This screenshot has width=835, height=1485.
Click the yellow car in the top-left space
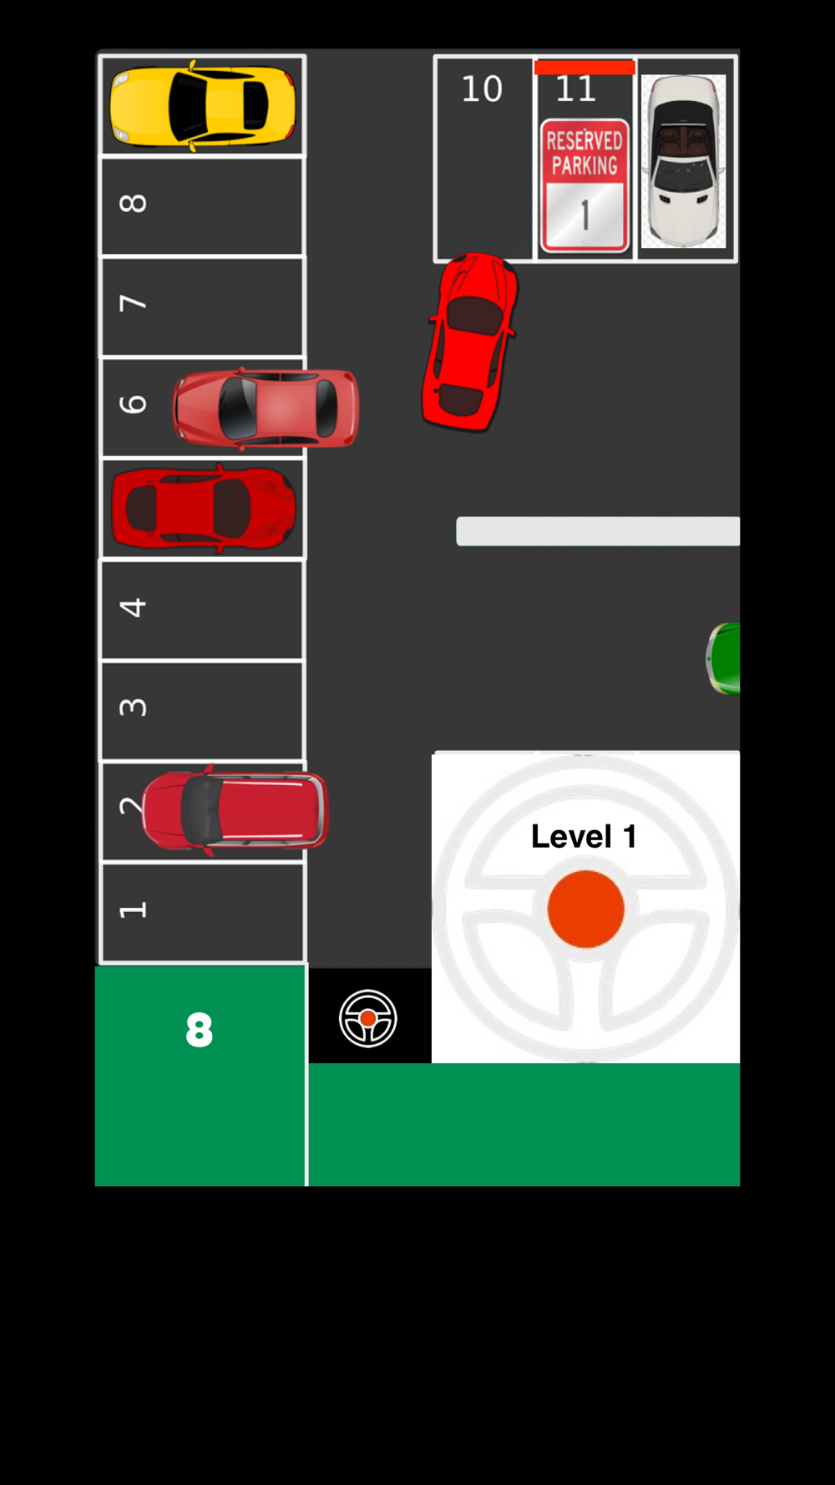(x=203, y=106)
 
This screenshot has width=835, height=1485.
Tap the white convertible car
(x=683, y=161)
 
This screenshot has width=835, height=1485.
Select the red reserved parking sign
(x=584, y=185)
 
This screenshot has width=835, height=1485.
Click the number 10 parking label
(x=482, y=89)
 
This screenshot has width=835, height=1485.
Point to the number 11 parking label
(x=575, y=89)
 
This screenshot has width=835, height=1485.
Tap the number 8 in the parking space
(x=134, y=203)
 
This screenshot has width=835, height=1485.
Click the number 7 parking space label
(x=134, y=302)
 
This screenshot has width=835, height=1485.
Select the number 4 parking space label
(x=134, y=606)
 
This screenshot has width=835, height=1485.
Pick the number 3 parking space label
(x=134, y=707)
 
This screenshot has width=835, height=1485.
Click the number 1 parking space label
(x=134, y=910)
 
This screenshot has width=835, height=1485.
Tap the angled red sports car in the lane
(x=470, y=342)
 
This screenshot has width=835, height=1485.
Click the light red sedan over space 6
(x=266, y=408)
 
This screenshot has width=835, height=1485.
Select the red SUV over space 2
(x=235, y=810)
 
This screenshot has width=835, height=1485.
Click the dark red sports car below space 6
(x=203, y=508)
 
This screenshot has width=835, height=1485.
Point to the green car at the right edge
(x=723, y=658)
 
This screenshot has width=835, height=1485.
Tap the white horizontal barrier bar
(x=598, y=531)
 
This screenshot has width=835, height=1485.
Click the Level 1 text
(x=584, y=836)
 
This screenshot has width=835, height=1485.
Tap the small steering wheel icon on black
(x=368, y=1018)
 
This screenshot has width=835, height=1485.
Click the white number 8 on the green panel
(x=200, y=1030)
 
